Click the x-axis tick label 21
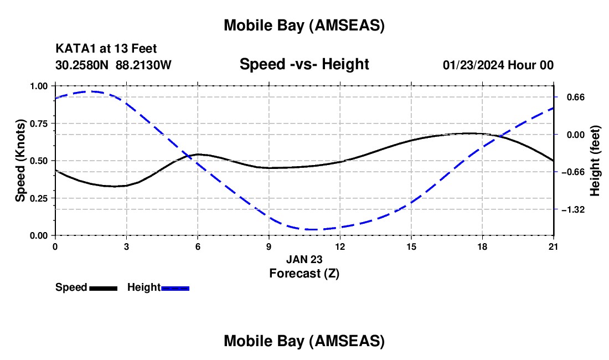554,246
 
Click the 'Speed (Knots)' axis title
20,161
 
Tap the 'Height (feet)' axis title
595,161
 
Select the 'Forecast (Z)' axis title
304,273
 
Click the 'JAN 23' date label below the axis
304,259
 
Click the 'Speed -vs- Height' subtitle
304,65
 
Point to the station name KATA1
75,49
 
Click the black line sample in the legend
103,288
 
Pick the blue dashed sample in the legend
175,288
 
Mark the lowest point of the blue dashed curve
312,229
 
